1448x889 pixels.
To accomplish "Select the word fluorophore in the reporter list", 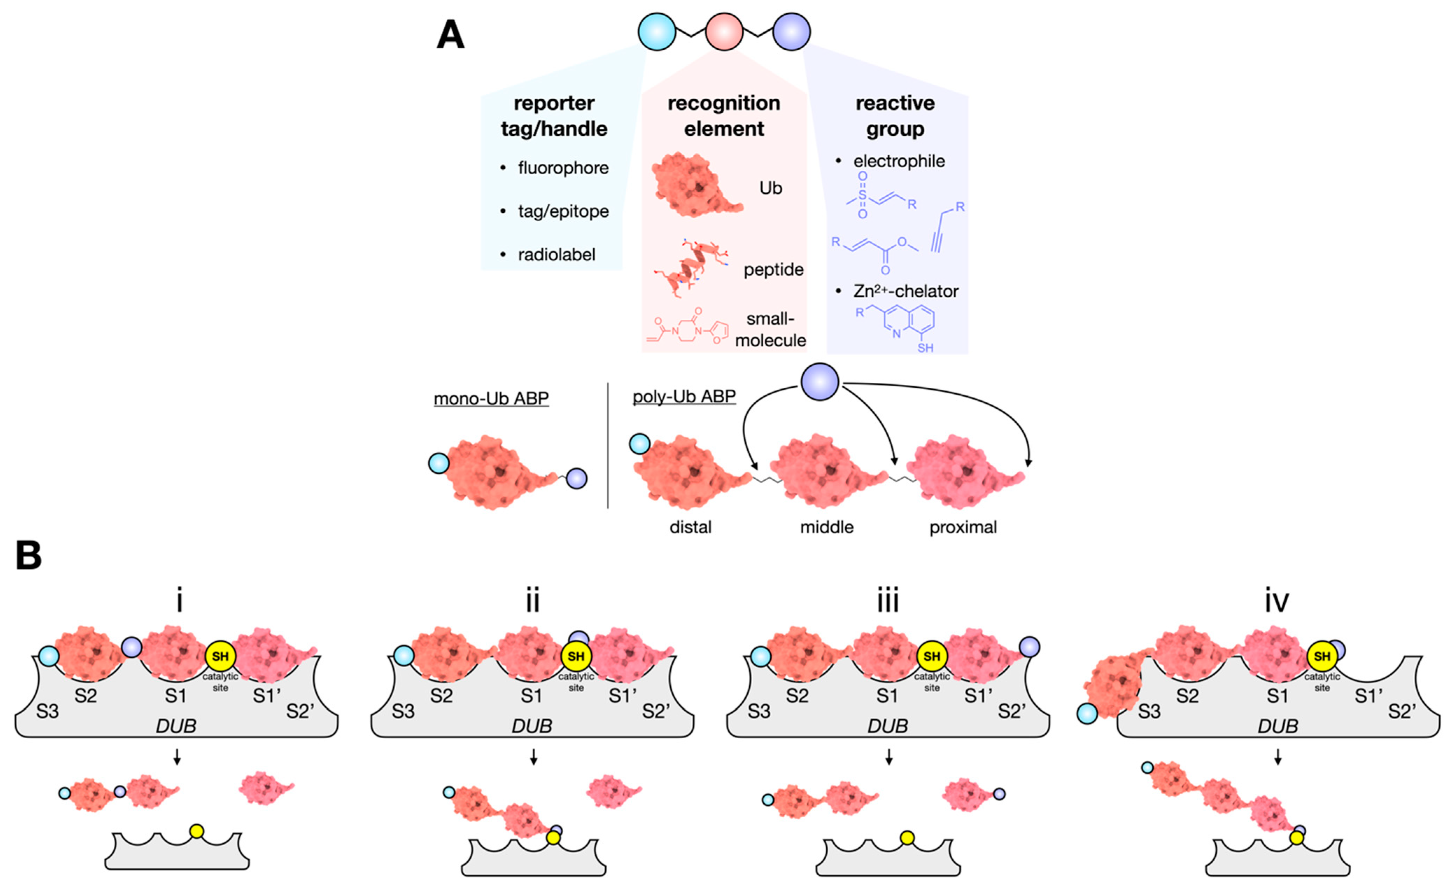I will tap(563, 168).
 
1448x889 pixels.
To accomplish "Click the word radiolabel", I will tap(556, 255).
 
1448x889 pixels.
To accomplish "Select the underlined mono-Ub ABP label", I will tap(491, 398).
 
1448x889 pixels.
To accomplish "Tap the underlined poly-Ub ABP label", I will tap(684, 397).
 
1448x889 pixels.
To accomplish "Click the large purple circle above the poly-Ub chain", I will tap(820, 382).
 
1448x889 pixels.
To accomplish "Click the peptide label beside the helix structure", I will tap(773, 270).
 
